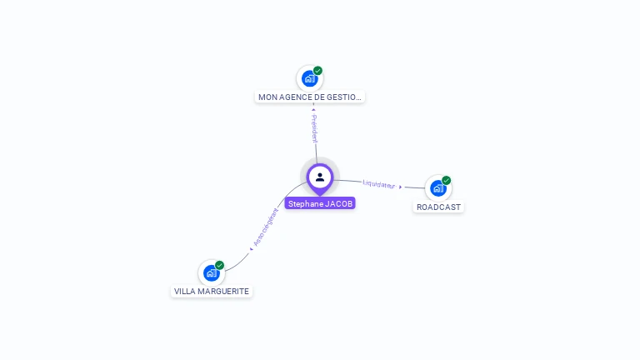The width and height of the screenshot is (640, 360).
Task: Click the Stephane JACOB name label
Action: tap(320, 203)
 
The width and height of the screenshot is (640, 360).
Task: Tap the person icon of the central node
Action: tap(320, 177)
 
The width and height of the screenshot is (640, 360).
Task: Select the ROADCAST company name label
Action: tap(438, 207)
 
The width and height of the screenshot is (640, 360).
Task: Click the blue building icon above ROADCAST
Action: tap(438, 188)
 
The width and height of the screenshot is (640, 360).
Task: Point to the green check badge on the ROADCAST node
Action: tap(447, 180)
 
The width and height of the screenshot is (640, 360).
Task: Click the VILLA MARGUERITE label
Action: tap(212, 292)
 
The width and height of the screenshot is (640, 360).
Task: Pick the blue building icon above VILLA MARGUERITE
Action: tap(212, 273)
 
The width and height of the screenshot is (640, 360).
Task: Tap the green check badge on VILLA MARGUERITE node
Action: tap(220, 265)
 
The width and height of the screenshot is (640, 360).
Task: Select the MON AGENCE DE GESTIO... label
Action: tap(310, 97)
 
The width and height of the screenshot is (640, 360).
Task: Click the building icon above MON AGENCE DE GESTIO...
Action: tap(310, 79)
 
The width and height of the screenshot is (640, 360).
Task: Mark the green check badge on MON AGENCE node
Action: tap(318, 71)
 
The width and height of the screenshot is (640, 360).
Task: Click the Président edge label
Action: tap(314, 129)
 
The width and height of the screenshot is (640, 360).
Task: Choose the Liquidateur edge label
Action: tap(379, 184)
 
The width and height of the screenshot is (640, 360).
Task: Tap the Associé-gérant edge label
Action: tap(266, 227)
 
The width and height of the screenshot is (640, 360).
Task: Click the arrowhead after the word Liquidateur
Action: tap(401, 187)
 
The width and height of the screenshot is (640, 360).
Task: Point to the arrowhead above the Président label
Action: tap(313, 109)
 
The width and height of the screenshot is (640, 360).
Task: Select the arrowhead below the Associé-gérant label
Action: tap(251, 248)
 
